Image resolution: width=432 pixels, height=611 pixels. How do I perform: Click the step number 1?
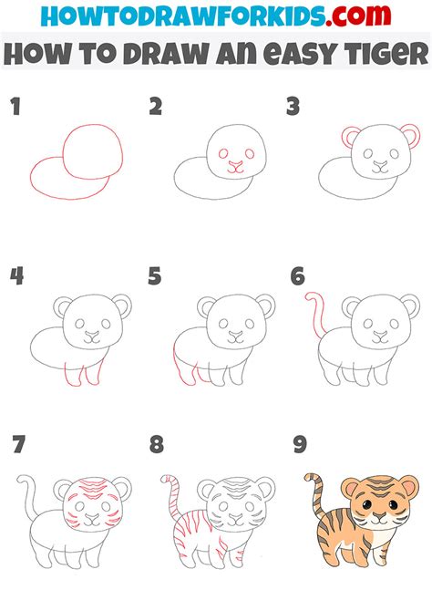point(15,108)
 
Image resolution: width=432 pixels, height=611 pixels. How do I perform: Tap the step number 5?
point(156,276)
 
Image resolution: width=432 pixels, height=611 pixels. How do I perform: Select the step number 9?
point(298,446)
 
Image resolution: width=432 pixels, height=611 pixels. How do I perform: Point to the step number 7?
point(18,446)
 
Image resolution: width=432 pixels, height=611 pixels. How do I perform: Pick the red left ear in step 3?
point(349,138)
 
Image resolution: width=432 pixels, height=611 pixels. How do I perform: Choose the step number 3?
point(293,108)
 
